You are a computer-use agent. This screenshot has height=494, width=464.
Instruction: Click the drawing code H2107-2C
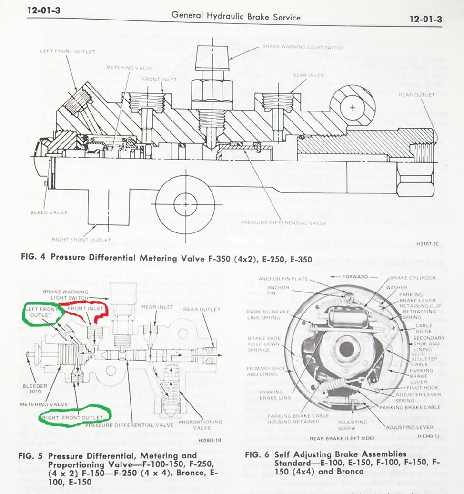point(427,243)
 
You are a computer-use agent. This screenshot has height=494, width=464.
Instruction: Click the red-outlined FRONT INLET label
point(86,309)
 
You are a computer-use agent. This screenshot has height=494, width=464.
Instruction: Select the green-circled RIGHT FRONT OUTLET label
point(72,418)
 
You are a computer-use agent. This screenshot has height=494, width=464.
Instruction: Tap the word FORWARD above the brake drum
point(355,277)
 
